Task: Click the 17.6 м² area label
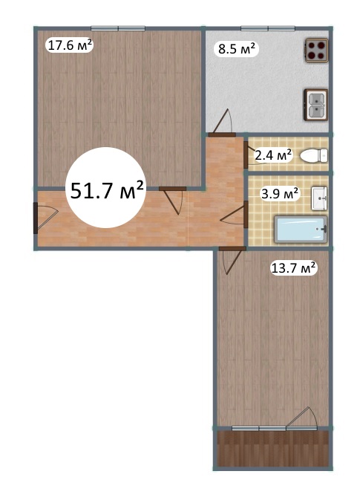(70, 45)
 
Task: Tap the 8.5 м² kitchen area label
(237, 49)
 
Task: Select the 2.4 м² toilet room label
(273, 155)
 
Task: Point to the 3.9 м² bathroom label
(280, 193)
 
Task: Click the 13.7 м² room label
(294, 267)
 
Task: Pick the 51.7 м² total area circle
(106, 188)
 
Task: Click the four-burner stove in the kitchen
(316, 50)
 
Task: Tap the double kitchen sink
(315, 105)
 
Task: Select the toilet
(314, 156)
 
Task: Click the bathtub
(301, 230)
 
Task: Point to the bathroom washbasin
(319, 198)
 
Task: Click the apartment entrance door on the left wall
(45, 218)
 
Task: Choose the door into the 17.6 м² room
(172, 201)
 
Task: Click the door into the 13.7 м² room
(232, 260)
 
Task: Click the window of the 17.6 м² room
(118, 28)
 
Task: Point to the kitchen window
(268, 28)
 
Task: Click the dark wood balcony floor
(273, 448)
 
